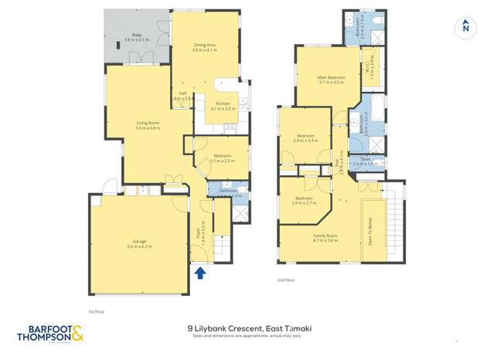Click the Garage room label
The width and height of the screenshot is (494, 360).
[139, 241]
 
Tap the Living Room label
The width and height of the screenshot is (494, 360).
[148, 123]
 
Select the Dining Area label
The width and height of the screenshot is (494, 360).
[205, 46]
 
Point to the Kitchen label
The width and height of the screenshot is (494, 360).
[223, 104]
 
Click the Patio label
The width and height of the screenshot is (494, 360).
[136, 35]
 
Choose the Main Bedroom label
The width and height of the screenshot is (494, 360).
[330, 77]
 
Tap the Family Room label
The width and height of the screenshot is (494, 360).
[325, 236]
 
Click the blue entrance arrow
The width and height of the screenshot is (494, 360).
[200, 273]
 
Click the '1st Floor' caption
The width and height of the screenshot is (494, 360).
[96, 311]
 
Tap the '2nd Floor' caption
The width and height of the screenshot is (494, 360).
[285, 280]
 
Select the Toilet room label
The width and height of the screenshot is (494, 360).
[364, 159]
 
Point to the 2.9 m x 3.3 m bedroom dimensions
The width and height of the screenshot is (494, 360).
[305, 141]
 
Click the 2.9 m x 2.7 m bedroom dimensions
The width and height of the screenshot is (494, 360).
[305, 203]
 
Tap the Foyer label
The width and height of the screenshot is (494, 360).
[197, 229]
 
